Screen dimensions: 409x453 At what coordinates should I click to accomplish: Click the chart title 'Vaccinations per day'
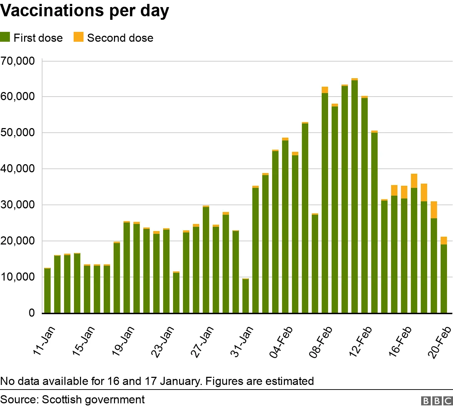(x=85, y=11)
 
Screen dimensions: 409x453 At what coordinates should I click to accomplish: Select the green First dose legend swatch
(x=5, y=37)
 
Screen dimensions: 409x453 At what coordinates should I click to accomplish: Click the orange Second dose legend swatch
(x=79, y=37)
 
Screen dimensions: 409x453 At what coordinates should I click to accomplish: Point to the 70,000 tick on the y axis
(x=18, y=61)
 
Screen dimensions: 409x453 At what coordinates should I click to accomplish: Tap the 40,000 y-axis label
(x=18, y=169)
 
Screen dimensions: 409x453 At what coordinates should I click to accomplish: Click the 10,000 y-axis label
(x=18, y=277)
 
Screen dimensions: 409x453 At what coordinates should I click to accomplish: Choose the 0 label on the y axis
(x=32, y=313)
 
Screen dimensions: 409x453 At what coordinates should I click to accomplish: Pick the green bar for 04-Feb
(x=285, y=226)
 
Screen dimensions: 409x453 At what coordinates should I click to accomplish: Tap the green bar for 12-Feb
(x=365, y=205)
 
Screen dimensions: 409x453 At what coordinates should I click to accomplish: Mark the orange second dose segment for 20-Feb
(x=444, y=241)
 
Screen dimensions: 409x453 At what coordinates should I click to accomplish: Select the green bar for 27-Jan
(x=206, y=260)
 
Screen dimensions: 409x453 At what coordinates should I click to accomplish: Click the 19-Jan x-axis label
(x=122, y=341)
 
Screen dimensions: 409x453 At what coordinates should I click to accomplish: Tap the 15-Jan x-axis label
(x=83, y=341)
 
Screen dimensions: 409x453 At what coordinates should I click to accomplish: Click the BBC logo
(x=437, y=401)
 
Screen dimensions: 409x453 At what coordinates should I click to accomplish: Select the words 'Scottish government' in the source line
(x=93, y=399)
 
